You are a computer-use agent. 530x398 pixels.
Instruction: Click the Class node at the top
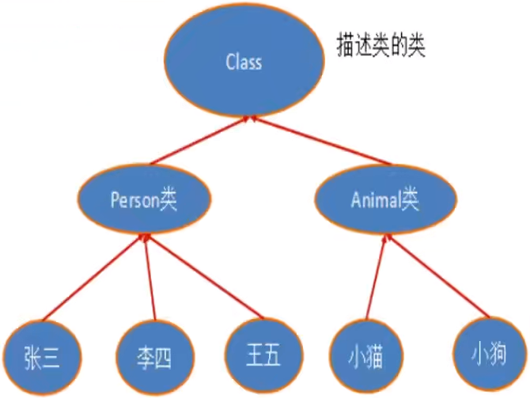coord(244,62)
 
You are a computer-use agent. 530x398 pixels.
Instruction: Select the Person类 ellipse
coord(144,199)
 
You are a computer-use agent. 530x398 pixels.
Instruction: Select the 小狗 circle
coord(487,351)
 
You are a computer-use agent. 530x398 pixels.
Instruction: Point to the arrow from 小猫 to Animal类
coord(376,277)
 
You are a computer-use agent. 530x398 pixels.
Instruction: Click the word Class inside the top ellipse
coord(243,62)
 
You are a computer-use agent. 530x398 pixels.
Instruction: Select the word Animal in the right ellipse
coord(375,200)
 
